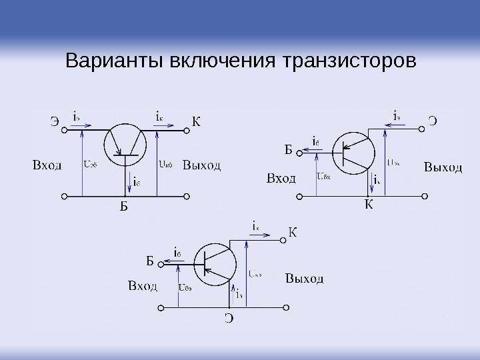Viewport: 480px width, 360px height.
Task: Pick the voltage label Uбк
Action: pos(325,177)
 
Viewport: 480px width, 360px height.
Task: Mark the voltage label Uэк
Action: pos(393,162)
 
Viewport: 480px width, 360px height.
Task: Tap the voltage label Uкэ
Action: pos(255,273)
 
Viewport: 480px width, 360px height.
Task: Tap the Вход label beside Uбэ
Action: pos(142,287)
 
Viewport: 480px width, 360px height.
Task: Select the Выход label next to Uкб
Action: pos(202,164)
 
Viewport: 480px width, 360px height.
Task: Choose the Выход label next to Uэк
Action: pos(443,167)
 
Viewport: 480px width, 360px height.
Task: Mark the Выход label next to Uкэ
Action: pos(305,277)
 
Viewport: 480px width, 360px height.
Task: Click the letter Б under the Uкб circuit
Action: pos(123,207)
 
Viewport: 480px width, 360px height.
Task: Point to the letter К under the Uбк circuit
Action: pos(369,204)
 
